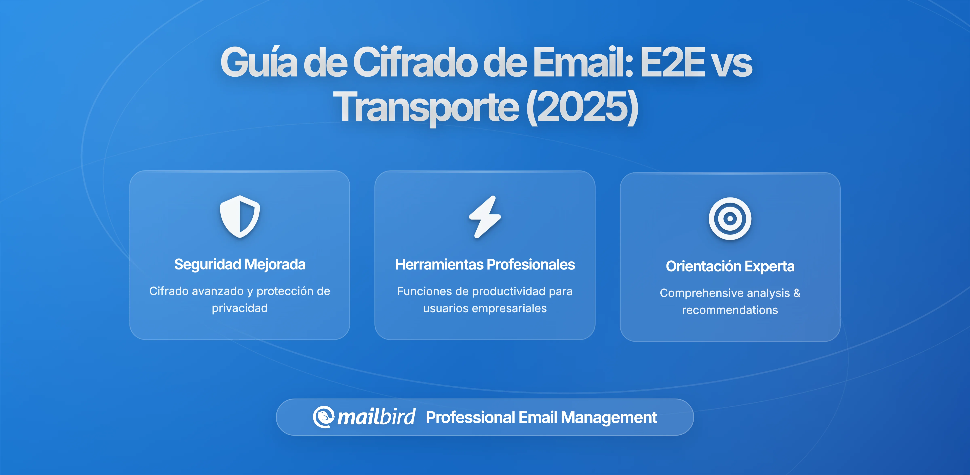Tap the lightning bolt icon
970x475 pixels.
pyautogui.click(x=485, y=217)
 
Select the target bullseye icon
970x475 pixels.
pyautogui.click(x=730, y=219)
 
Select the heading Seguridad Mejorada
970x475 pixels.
pyautogui.click(x=240, y=264)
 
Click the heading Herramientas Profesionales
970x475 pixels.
pyautogui.click(x=485, y=265)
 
